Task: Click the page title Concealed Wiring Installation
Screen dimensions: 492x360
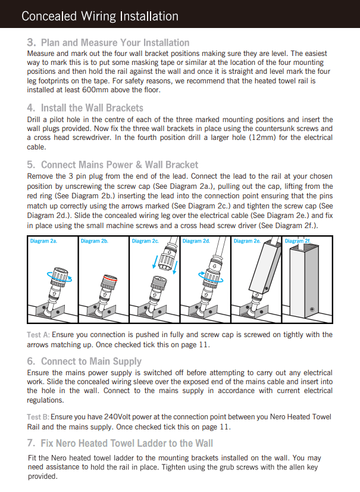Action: pos(99,16)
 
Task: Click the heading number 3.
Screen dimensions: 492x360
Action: pos(32,43)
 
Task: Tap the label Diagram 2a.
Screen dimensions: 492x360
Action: pos(44,241)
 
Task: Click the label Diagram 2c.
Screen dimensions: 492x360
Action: pos(145,241)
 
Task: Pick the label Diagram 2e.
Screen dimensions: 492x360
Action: pos(247,241)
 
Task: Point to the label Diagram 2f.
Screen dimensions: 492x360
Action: pos(298,241)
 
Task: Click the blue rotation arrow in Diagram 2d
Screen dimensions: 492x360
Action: pos(206,278)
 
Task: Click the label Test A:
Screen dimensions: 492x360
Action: pos(38,335)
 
